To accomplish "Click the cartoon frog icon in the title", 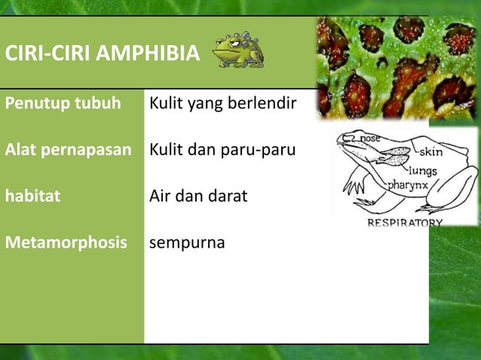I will pos(237,50).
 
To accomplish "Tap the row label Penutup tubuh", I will pos(63,102).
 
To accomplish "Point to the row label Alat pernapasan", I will pos(69,150).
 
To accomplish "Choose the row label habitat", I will pos(32,197).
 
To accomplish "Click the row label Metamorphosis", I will pos(66,243).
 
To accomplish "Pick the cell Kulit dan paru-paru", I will pos(222,150).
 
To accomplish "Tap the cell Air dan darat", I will pos(198,197).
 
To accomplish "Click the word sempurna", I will pos(187,244).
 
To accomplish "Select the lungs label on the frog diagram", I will pos(423,171).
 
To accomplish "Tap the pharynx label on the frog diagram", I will pos(409,184).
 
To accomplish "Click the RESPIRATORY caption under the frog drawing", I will pos(405,223).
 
